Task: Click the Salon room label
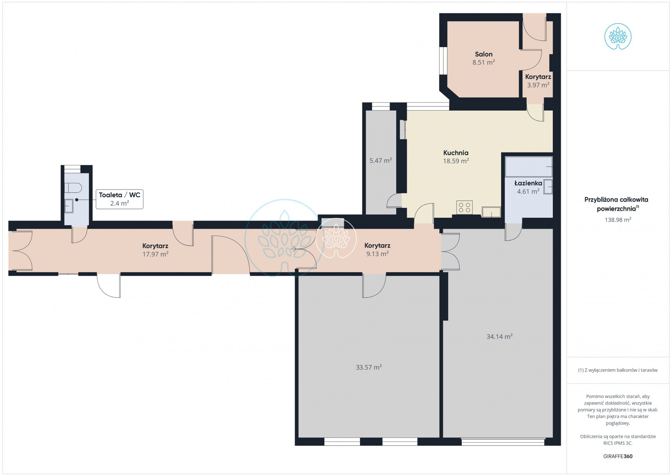pos(483,54)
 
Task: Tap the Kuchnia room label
pos(455,153)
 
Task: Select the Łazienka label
pos(528,183)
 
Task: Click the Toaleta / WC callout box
pos(120,199)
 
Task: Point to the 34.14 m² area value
pos(499,336)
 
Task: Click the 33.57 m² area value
pos(369,367)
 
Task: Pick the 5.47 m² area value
pos(380,161)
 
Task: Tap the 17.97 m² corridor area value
pos(155,254)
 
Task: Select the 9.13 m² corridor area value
pos(377,254)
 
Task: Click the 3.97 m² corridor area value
pos(538,85)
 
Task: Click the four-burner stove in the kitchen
pos(464,207)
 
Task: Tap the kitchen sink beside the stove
pos(491,212)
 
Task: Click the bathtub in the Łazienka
pos(529,166)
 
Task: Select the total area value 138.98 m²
pos(618,220)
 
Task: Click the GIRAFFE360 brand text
pos(618,456)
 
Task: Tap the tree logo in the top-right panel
pos(618,37)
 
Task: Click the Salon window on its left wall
pos(443,61)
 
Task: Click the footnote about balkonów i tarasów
pos(618,370)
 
